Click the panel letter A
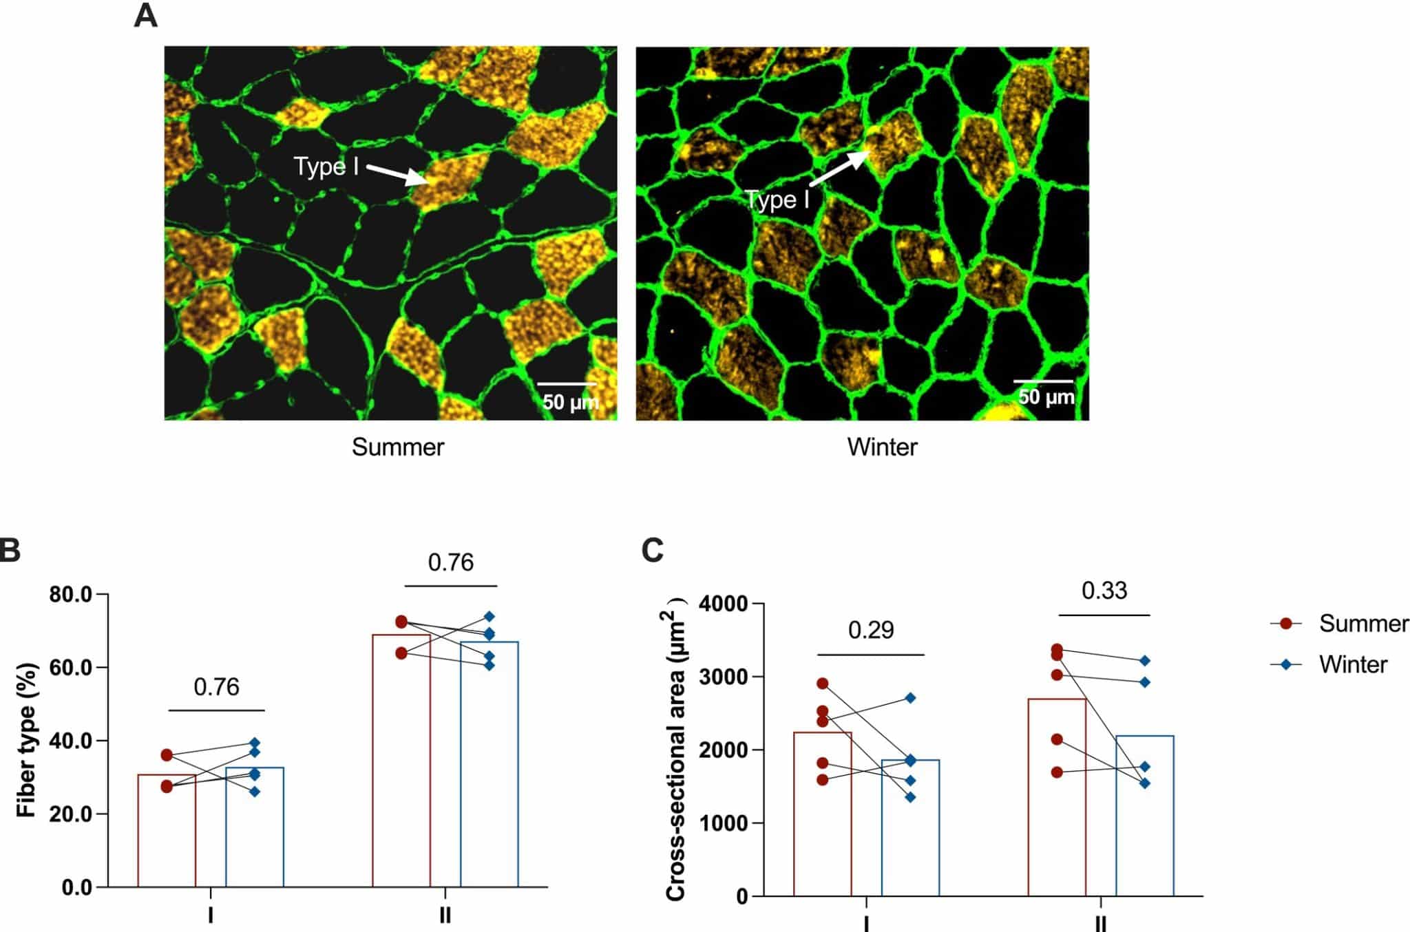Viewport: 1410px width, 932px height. tap(145, 16)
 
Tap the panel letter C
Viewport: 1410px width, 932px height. tap(653, 551)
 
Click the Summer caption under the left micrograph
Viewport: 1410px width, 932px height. tap(398, 447)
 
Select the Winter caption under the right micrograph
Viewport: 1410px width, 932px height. tap(882, 447)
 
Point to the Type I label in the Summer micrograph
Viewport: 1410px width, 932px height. tap(326, 167)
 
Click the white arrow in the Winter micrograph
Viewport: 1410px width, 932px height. tap(840, 169)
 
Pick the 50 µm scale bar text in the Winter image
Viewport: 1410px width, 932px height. tap(1046, 397)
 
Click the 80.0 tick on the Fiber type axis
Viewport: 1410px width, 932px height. tap(71, 594)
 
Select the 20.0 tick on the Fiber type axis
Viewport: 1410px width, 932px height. tap(71, 814)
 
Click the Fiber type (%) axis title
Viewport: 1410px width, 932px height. tap(26, 740)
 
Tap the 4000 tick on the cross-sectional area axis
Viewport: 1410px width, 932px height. tap(723, 604)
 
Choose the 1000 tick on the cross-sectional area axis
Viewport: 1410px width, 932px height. tap(723, 823)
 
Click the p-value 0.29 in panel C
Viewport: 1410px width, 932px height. tap(871, 631)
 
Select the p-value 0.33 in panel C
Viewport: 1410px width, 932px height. tap(1104, 591)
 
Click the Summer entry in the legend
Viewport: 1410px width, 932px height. tap(1363, 624)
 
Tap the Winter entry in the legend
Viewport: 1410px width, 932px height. tap(1353, 665)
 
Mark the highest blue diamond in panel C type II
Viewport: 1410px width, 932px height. tap(1144, 661)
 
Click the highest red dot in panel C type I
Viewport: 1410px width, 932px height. tap(822, 684)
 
